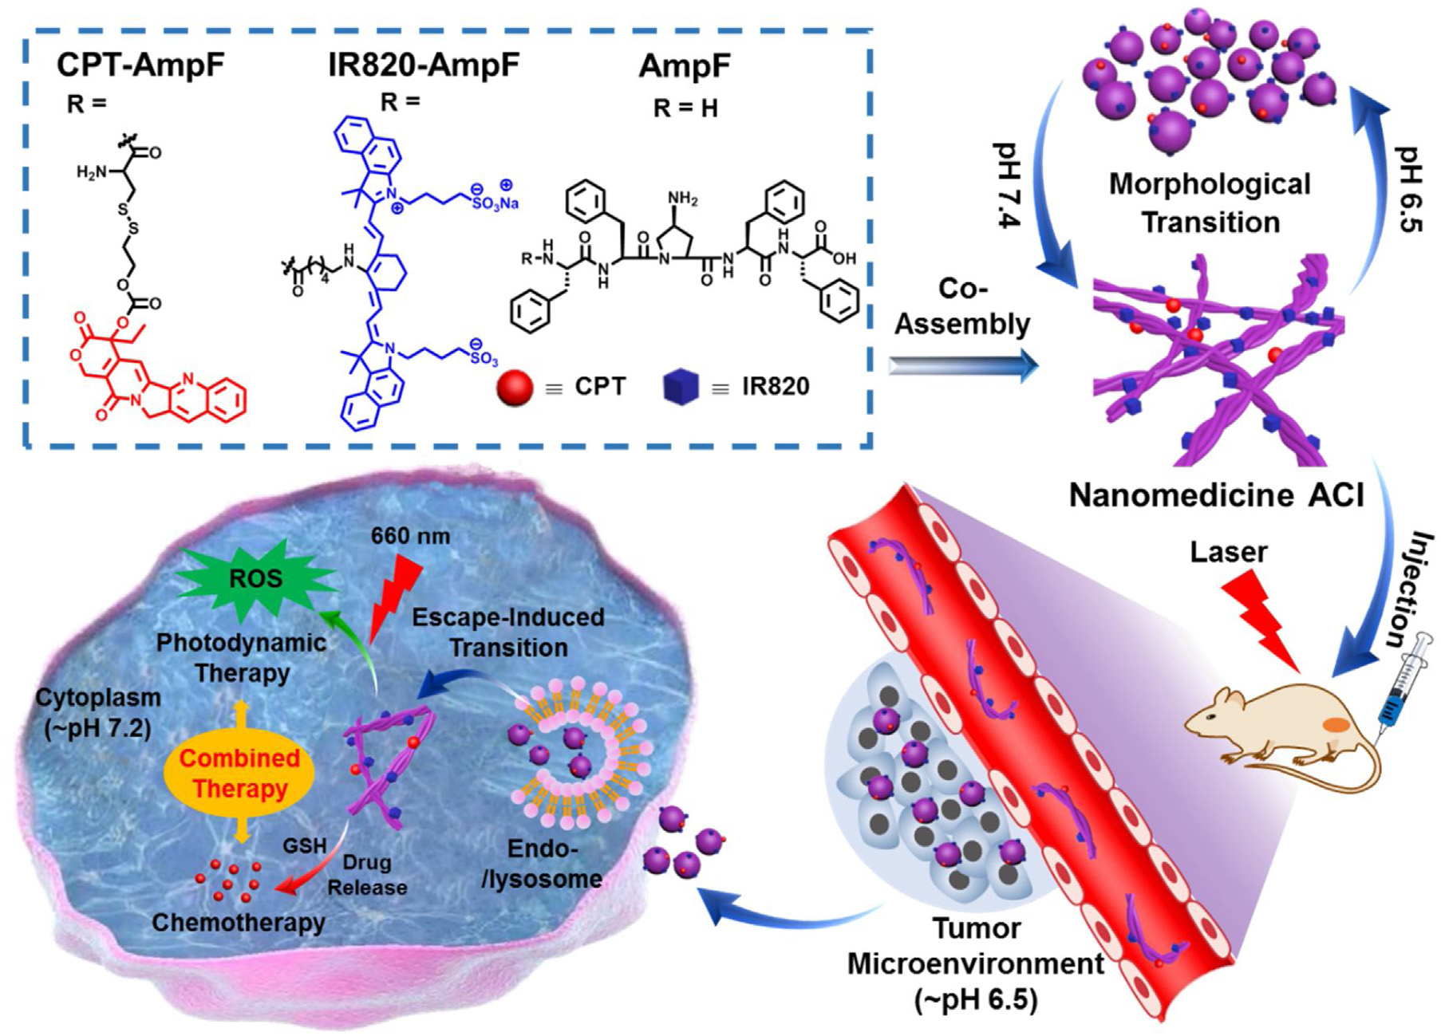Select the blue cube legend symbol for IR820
681,387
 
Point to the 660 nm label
410,536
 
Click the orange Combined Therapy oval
239,773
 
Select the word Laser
1228,552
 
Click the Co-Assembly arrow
963,365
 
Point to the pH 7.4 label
1007,185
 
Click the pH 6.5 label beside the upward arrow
1409,189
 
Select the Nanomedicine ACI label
1216,495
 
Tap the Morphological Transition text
1210,203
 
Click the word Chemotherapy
239,923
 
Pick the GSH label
305,845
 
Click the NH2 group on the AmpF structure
682,198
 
